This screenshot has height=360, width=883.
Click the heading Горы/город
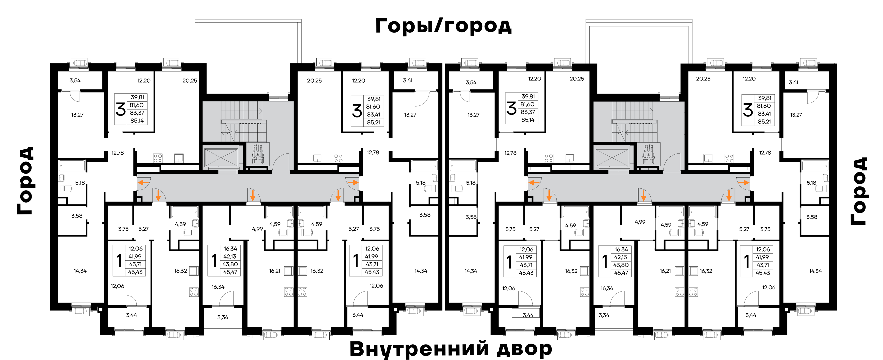pyautogui.click(x=443, y=25)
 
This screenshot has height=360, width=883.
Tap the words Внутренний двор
pyautogui.click(x=451, y=349)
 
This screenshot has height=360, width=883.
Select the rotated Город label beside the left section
pyautogui.click(x=26, y=181)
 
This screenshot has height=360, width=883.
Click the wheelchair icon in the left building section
pyautogui.click(x=258, y=155)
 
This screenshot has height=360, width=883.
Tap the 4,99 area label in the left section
pyautogui.click(x=257, y=229)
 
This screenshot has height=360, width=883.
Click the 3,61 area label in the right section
pyautogui.click(x=794, y=82)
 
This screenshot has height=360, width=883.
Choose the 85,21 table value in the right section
pyautogui.click(x=764, y=122)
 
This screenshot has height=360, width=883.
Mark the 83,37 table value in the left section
pyautogui.click(x=137, y=113)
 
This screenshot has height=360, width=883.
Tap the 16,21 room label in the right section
pyautogui.click(x=665, y=271)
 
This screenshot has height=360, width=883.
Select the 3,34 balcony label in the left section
pyautogui.click(x=223, y=317)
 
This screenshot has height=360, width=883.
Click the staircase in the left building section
pyautogui.click(x=243, y=121)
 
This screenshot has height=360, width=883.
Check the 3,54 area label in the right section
pyautogui.click(x=471, y=82)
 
